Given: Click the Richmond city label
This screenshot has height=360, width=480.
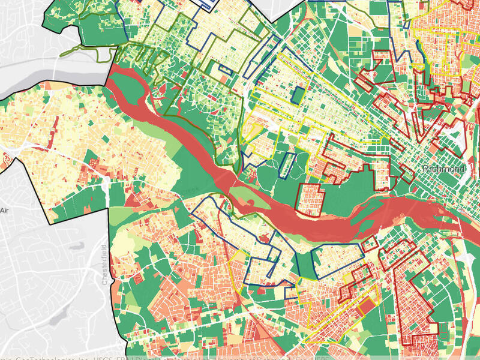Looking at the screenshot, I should coord(444,169).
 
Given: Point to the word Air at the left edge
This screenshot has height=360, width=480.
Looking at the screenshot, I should coord(5,211).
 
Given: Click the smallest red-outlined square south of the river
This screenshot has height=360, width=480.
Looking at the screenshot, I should coord(370,244).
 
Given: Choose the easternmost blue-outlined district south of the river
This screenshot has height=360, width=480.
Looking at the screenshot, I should coord(339,260).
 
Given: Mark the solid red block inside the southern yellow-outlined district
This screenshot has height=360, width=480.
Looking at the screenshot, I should coord(365,308).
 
